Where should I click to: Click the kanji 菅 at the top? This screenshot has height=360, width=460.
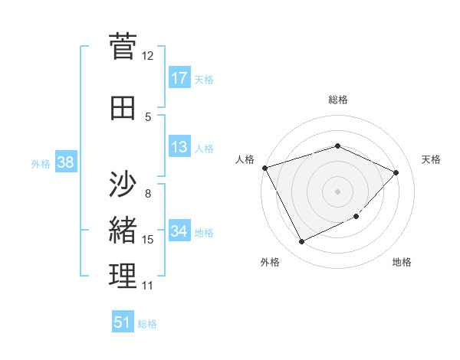coord(123,45)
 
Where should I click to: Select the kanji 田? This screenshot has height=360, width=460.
coord(123,108)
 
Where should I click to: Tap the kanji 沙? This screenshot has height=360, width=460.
coord(123,183)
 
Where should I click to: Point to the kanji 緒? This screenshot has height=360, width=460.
coord(123,230)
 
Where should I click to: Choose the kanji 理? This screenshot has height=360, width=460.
coord(123,277)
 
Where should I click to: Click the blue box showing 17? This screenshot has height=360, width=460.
coord(179,77)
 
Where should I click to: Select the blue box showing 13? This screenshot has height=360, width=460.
coord(179,147)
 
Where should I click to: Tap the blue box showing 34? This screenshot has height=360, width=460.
coord(179,231)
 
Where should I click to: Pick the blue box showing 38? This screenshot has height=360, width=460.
coord(65,162)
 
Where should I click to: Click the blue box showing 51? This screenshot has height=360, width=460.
coord(123,322)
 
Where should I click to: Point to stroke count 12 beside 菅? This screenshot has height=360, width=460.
coord(147,55)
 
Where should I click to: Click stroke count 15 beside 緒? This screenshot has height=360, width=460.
coord(147,240)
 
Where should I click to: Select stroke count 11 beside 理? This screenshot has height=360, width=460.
coord(147,286)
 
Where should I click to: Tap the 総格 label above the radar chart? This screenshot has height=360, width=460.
coord(337,100)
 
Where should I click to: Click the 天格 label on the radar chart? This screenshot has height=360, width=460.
coord(431,159)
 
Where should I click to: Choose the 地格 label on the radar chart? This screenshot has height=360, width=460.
coord(402,262)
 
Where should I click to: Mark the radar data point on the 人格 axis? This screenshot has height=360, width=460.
coord(264,168)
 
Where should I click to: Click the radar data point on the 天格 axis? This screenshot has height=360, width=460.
coord(396,172)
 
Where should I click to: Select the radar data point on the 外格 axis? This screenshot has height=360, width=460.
coord(301,242)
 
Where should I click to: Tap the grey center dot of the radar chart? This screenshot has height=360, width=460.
coord(337,191)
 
